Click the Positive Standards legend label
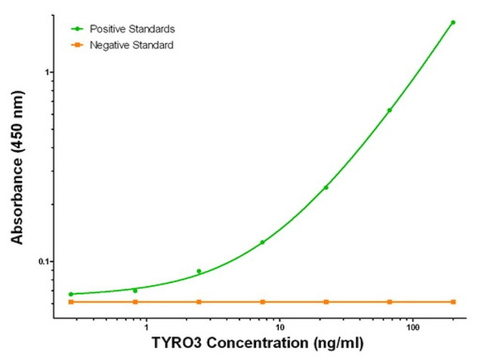[x=132, y=29]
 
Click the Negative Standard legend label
[x=131, y=46]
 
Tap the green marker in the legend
[x=76, y=29]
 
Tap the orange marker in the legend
[x=76, y=46]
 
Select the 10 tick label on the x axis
[x=279, y=328]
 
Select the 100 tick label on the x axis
[x=413, y=328]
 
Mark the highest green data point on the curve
[x=453, y=23]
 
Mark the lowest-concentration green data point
[x=71, y=294]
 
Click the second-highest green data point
[x=390, y=110]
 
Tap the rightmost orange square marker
[x=453, y=302]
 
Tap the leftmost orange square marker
[x=71, y=302]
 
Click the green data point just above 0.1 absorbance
[x=262, y=242]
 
